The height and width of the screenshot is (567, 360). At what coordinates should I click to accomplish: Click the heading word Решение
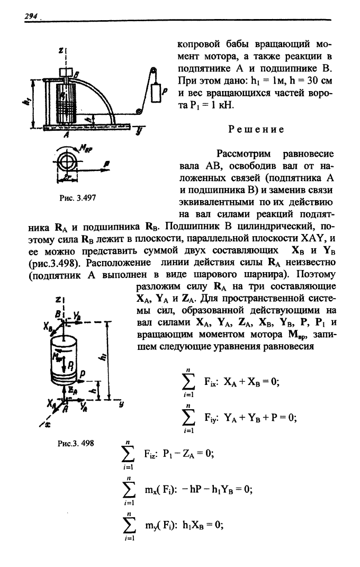tap(256, 129)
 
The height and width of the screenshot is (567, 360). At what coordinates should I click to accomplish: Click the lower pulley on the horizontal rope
tap(138, 112)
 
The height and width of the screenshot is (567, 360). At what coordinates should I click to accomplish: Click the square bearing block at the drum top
tap(67, 71)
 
